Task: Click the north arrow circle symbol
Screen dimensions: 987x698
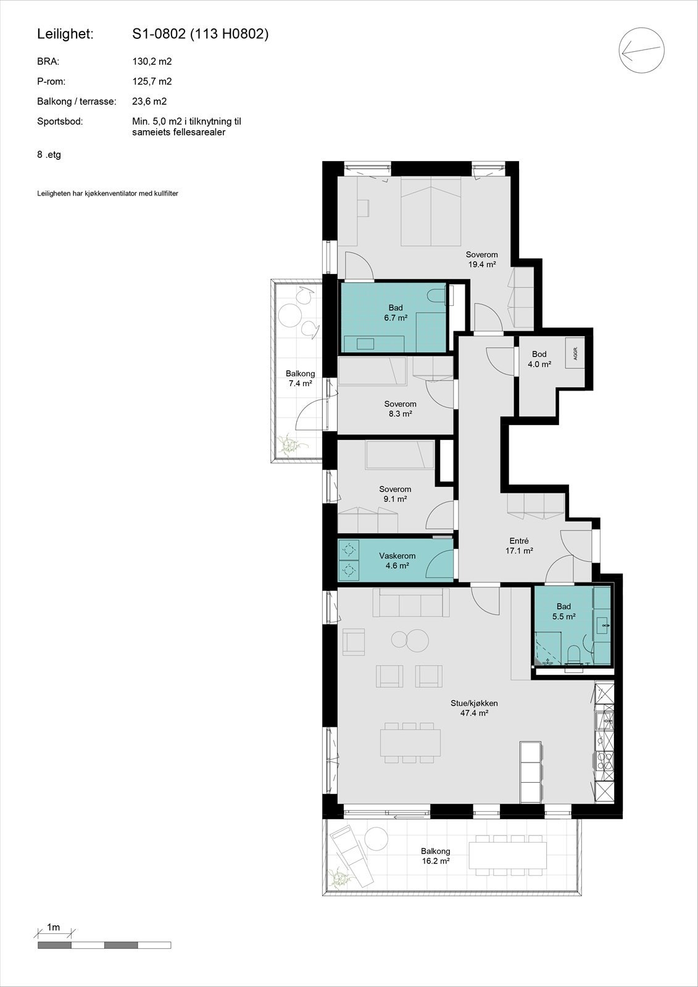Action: [x=642, y=50]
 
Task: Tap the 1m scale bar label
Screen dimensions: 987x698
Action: [x=54, y=927]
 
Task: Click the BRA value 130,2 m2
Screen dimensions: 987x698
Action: [x=152, y=62]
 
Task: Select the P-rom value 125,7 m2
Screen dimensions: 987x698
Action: [x=152, y=81]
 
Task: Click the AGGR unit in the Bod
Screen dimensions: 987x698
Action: [x=575, y=353]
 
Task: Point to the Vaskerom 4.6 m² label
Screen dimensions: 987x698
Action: [x=397, y=560]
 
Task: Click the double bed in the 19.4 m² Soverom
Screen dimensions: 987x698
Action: [x=431, y=212]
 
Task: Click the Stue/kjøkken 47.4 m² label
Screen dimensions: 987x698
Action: [x=474, y=708]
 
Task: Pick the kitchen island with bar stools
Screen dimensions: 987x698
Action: [x=530, y=772]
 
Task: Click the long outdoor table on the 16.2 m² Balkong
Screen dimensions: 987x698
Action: [x=508, y=855]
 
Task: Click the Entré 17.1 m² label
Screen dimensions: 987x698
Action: [x=519, y=546]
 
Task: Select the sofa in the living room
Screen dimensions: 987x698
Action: [x=411, y=603]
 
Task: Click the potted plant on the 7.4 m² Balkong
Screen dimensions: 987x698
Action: [x=288, y=444]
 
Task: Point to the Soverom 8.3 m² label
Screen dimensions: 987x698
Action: [x=400, y=409]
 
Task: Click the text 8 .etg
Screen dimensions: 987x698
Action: [x=49, y=155]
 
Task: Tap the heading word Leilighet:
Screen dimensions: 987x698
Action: [x=65, y=35]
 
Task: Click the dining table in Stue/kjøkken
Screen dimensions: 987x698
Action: [x=410, y=742]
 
